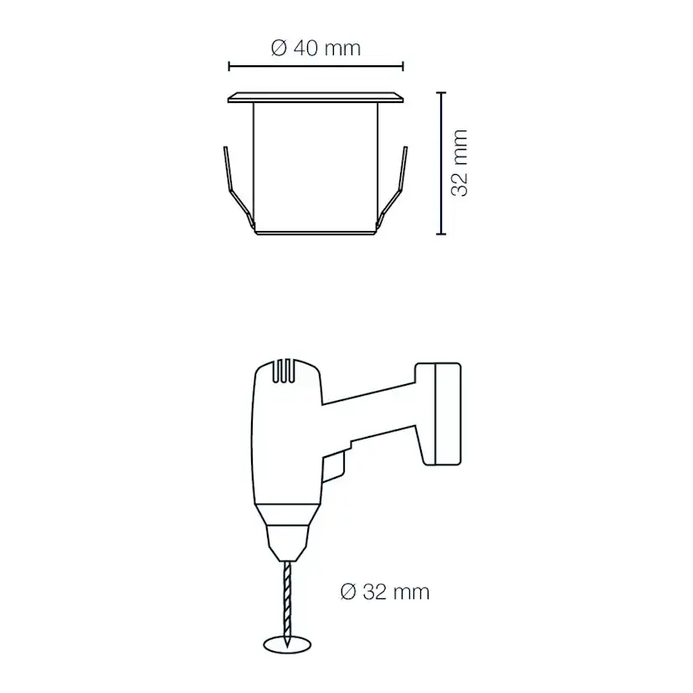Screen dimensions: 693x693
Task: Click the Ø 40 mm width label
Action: pyautogui.click(x=316, y=49)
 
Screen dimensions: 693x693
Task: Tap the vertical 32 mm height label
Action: pyautogui.click(x=459, y=162)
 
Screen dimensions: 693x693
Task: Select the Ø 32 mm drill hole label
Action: pyautogui.click(x=385, y=593)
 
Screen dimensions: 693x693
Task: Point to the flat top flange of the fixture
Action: pyautogui.click(x=316, y=97)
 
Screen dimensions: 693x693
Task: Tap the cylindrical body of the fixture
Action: pyautogui.click(x=316, y=167)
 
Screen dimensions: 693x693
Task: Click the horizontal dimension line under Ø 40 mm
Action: pyautogui.click(x=316, y=67)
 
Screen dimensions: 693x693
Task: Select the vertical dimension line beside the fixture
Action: pyautogui.click(x=441, y=163)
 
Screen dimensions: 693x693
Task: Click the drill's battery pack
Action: pyautogui.click(x=438, y=413)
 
